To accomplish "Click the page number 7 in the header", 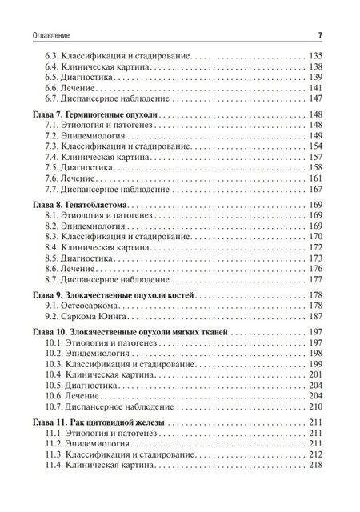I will (319, 34).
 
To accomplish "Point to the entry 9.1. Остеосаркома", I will (82, 307).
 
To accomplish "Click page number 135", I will (314, 55).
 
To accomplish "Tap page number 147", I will (314, 100).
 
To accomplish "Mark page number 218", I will (314, 466).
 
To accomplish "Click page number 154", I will (314, 149).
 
